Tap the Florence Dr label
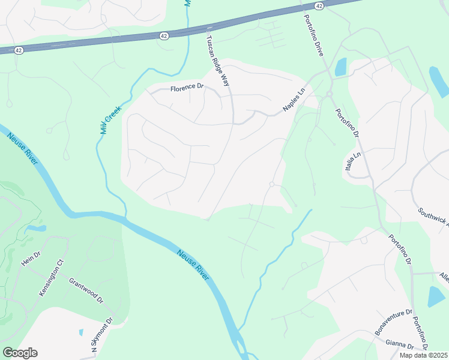tap(187, 88)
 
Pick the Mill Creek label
tap(111, 119)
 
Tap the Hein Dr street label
tap(31, 255)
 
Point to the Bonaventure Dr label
tap(394, 322)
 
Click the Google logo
tap(20, 352)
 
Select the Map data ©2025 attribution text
tap(423, 355)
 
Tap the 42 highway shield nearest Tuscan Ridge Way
tap(164, 36)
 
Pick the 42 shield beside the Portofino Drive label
tap(319, 5)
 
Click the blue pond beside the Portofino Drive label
tap(340, 67)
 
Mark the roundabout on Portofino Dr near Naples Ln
tap(329, 94)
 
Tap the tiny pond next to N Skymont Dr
tap(80, 331)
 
